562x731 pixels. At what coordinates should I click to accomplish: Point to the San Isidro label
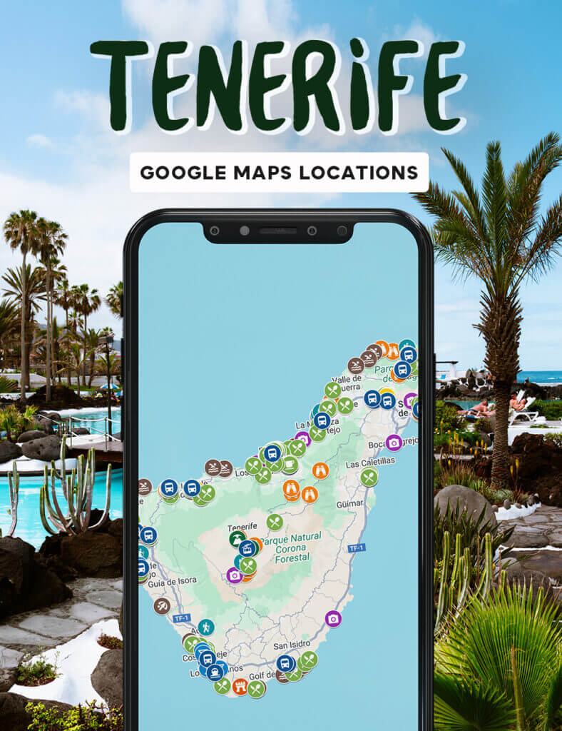(291, 647)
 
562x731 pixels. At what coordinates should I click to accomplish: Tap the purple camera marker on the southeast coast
(333, 618)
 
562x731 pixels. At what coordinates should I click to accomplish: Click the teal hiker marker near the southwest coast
(206, 627)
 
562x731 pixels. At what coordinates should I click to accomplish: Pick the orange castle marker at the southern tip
(240, 687)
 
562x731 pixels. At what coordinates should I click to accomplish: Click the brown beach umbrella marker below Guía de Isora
(162, 605)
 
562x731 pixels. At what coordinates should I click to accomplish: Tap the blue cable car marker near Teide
(247, 548)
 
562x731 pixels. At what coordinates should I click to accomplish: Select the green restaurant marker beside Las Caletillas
(369, 477)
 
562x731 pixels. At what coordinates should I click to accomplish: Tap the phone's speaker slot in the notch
(277, 231)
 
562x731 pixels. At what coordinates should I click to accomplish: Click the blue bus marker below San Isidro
(285, 663)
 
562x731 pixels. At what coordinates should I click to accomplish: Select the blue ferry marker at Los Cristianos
(215, 672)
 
